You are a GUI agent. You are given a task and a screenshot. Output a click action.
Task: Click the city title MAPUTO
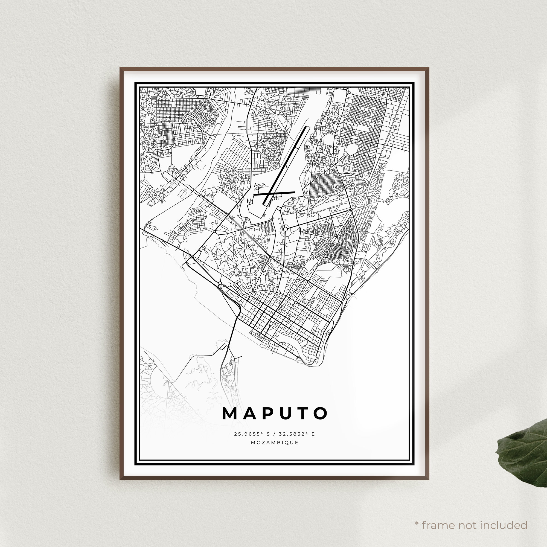tap(275, 414)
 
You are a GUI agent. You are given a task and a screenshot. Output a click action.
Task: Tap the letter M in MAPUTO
tap(230, 414)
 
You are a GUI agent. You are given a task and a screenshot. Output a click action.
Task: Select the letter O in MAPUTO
tap(320, 414)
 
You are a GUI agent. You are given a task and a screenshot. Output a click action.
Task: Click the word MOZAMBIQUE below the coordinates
tap(275, 443)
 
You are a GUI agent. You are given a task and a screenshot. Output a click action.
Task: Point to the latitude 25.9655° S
tap(252, 434)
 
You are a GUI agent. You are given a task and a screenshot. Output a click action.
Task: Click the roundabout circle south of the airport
tap(285, 228)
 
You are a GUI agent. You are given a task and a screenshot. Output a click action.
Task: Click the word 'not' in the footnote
tap(467, 517)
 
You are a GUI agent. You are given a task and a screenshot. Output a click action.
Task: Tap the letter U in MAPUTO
tap(284, 414)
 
